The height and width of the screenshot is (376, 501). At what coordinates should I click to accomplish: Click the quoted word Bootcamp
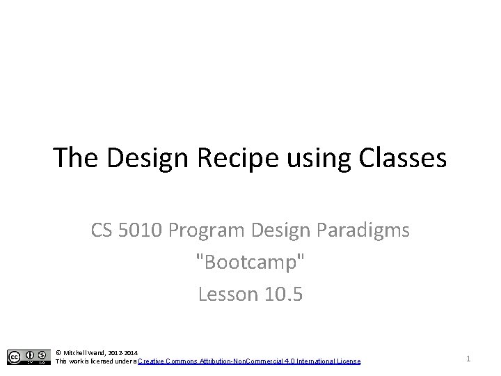click(250, 263)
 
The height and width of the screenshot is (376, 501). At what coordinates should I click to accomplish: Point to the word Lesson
click(226, 295)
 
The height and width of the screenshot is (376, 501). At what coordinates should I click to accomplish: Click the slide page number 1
click(469, 358)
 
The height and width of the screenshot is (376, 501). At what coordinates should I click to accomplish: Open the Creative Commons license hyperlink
click(249, 361)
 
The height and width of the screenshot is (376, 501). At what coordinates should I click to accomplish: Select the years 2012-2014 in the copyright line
click(123, 353)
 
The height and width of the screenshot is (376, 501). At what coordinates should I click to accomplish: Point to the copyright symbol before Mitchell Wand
click(58, 353)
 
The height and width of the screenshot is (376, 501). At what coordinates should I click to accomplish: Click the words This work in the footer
click(68, 361)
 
